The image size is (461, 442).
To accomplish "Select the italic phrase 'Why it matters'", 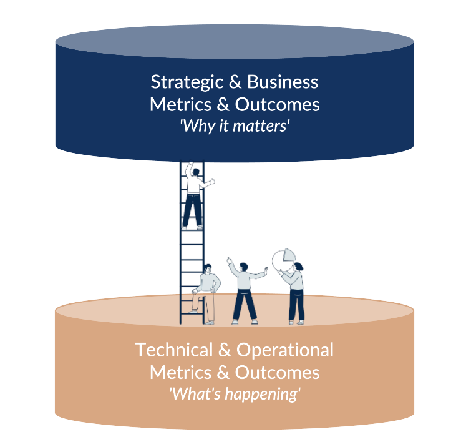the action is (235, 125).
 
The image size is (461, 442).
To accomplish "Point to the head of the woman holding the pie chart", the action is (298, 267).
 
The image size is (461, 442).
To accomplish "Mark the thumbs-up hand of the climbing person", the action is (212, 182).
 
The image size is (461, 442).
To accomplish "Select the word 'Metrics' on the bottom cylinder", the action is (176, 373).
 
